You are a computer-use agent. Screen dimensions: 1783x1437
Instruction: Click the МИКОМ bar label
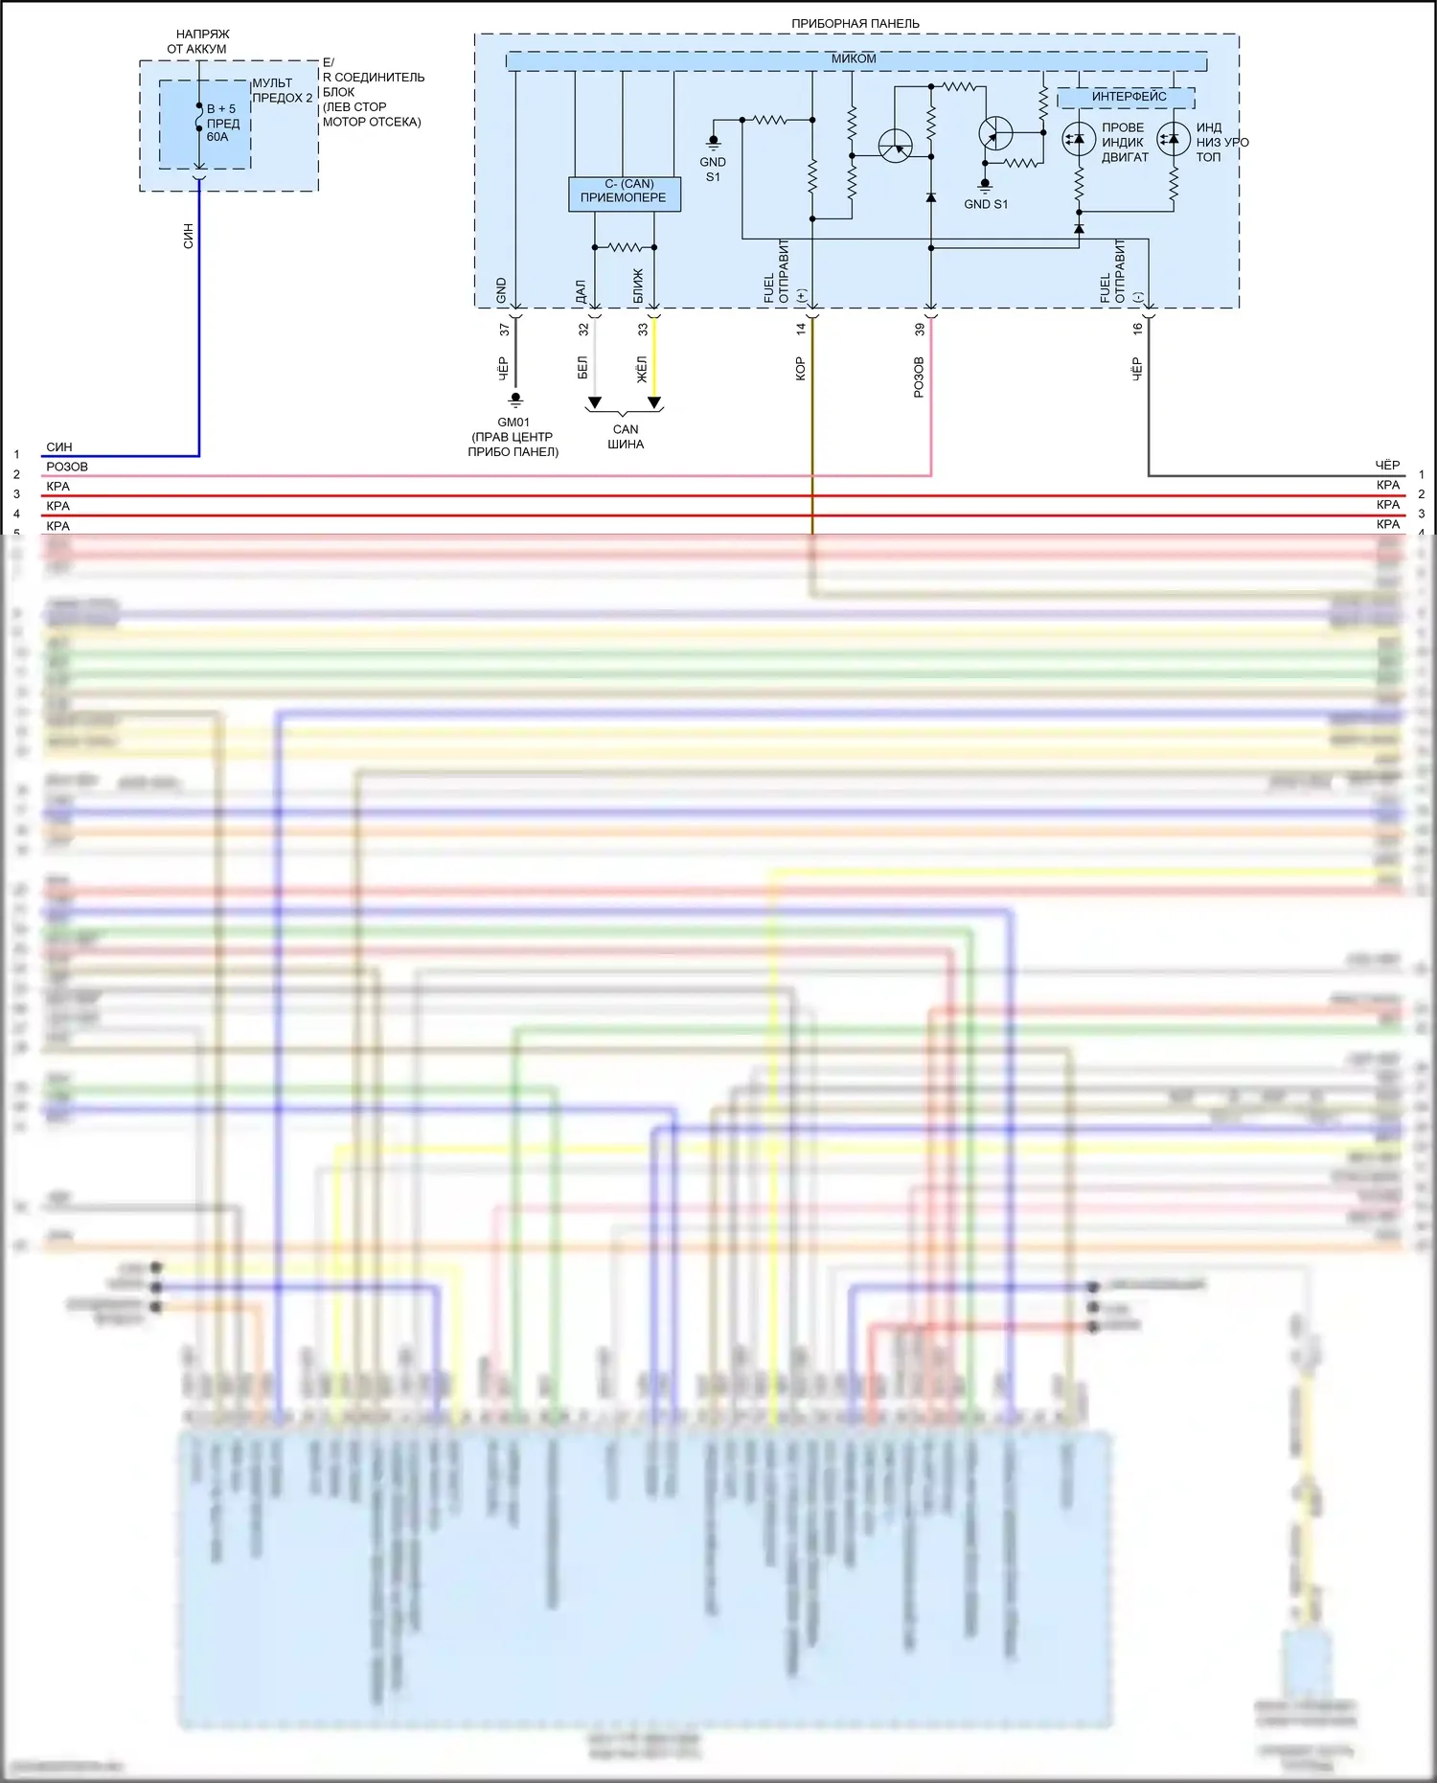[854, 58]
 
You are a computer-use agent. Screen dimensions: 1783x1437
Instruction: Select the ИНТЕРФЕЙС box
[1129, 97]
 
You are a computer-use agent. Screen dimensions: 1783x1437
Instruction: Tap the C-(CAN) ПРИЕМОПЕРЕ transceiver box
[624, 192]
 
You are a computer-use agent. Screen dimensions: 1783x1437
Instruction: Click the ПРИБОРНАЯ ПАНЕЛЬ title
[855, 23]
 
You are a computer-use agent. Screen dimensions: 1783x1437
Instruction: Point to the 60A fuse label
[217, 137]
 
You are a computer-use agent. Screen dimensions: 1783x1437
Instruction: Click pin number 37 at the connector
[505, 330]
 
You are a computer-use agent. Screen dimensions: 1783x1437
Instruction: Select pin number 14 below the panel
[801, 329]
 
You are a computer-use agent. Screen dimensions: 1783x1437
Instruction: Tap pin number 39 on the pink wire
[920, 329]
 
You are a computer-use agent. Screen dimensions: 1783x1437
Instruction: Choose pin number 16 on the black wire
[1137, 329]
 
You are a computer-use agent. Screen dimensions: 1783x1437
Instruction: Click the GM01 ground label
[513, 423]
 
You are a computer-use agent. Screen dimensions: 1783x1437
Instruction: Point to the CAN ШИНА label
[626, 437]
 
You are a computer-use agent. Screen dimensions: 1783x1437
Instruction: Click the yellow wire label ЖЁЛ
[642, 369]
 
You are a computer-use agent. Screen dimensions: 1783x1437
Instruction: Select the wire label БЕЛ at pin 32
[582, 368]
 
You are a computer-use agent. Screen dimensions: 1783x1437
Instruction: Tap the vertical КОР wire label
[800, 369]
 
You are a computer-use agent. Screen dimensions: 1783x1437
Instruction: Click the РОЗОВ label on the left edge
[67, 467]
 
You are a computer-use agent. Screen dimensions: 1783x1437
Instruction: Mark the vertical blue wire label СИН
[188, 236]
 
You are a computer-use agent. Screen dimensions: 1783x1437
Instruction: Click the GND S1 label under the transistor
[986, 204]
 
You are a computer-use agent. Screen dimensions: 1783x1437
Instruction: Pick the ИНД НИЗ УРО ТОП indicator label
[1221, 142]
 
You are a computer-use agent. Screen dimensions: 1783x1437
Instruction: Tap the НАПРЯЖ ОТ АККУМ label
[201, 41]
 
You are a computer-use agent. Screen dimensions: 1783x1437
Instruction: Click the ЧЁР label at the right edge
[1387, 465]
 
